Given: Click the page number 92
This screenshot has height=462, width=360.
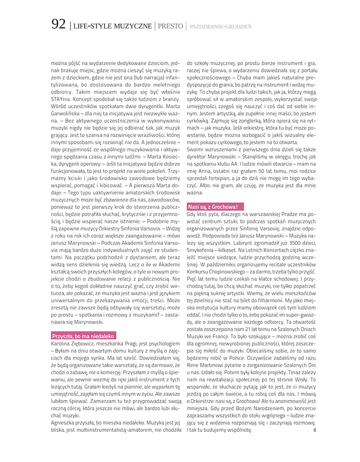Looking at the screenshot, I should (58, 25).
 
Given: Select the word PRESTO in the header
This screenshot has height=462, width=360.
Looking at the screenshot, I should (170, 26).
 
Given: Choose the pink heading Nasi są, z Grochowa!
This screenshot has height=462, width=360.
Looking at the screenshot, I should (215, 207).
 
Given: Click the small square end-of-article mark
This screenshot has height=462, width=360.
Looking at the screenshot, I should (315, 430).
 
